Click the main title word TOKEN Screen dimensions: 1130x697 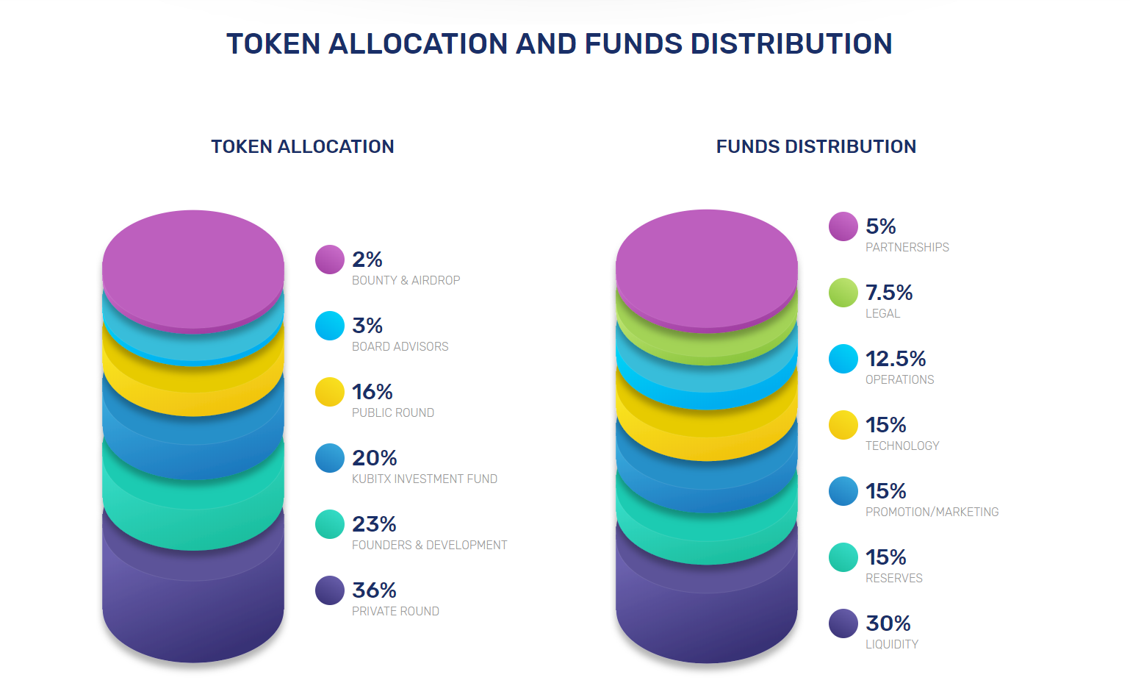[x=273, y=43]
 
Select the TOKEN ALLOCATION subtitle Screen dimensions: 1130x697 [x=302, y=146]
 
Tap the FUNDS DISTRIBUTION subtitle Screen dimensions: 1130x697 [x=816, y=146]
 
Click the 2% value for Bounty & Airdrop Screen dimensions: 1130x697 [x=367, y=260]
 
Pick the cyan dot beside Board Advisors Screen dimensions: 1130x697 [x=329, y=326]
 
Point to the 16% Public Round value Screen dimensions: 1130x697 [x=372, y=392]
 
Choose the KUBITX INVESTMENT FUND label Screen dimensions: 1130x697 [x=424, y=479]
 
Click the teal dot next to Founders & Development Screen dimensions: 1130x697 [x=329, y=524]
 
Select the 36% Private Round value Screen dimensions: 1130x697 [x=374, y=590]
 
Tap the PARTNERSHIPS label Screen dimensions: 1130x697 [x=907, y=247]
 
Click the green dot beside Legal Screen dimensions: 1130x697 [x=843, y=293]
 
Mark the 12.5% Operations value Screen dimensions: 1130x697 [x=896, y=359]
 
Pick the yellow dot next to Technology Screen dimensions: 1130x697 [x=843, y=425]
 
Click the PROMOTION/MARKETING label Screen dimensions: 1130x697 [x=932, y=512]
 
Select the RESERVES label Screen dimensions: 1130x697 [x=894, y=578]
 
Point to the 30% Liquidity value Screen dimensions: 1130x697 [x=888, y=623]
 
